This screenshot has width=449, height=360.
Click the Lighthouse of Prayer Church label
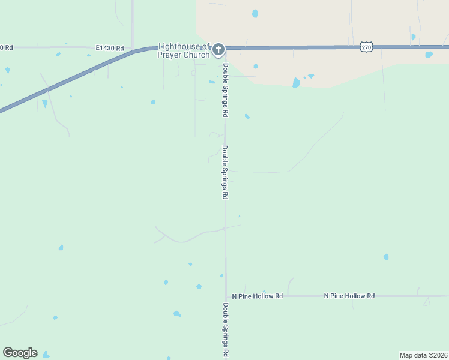[184, 50]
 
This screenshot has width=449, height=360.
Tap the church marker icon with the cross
[218, 49]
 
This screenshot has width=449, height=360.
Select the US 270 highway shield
[366, 46]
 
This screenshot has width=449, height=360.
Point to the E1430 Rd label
[109, 47]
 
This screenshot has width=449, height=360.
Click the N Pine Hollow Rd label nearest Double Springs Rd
[258, 296]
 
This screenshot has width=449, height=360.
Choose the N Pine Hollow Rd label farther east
[349, 296]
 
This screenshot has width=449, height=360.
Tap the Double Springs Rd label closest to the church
[226, 90]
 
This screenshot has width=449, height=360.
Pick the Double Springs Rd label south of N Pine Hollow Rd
[226, 330]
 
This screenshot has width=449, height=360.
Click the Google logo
[20, 353]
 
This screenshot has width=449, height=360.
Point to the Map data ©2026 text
[423, 355]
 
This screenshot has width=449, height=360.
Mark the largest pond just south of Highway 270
[296, 83]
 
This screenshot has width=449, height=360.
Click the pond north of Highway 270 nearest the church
[255, 13]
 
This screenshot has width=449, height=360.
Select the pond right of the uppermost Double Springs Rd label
[247, 116]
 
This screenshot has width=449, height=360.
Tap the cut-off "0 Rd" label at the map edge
[6, 47]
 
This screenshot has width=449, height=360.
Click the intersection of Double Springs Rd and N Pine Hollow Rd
[226, 296]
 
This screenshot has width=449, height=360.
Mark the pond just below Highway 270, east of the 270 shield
[429, 55]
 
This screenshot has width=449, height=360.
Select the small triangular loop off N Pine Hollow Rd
[426, 301]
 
